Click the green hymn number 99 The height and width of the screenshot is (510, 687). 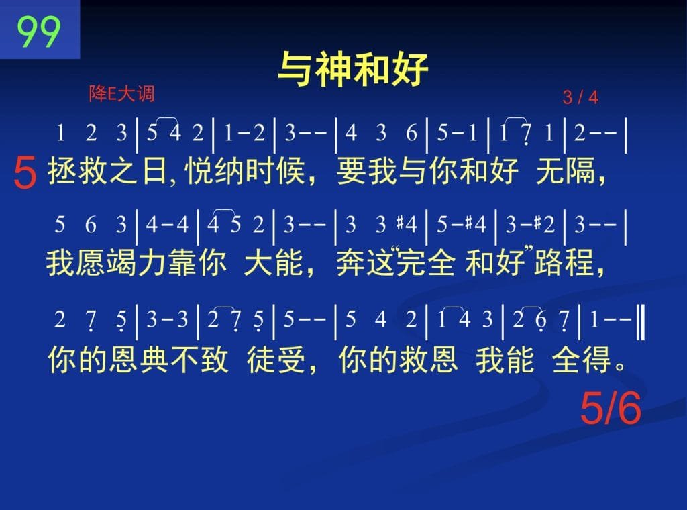38,32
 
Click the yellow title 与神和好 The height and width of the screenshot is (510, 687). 353,69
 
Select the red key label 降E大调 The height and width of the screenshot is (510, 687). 122,94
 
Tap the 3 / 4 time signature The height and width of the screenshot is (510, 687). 580,97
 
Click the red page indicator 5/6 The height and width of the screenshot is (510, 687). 611,409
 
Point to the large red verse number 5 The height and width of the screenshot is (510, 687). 25,173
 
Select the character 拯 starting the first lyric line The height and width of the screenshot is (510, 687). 62,170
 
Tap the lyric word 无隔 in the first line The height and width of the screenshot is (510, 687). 566,170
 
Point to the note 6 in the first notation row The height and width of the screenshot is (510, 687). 411,132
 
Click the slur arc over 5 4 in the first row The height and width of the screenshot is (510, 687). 164,119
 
